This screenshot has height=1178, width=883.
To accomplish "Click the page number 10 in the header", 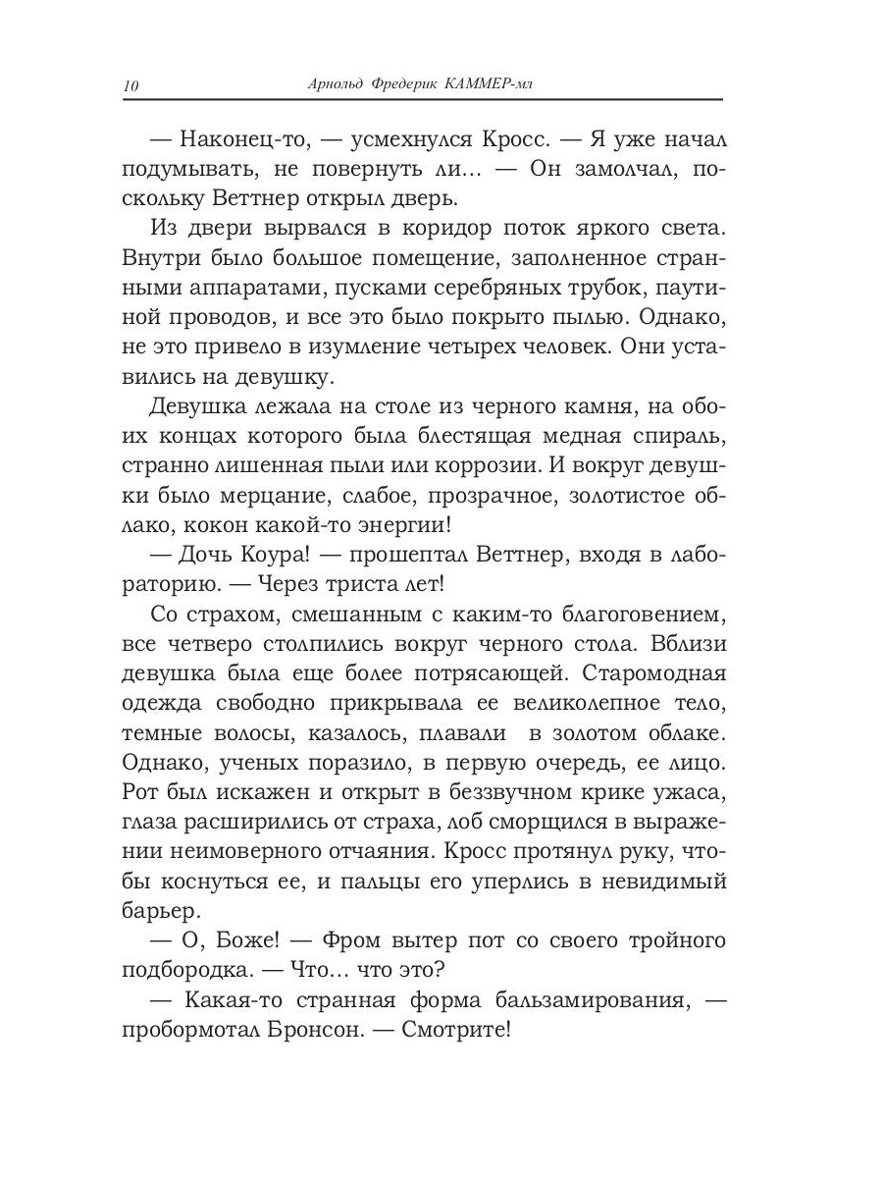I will point(130,86).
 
